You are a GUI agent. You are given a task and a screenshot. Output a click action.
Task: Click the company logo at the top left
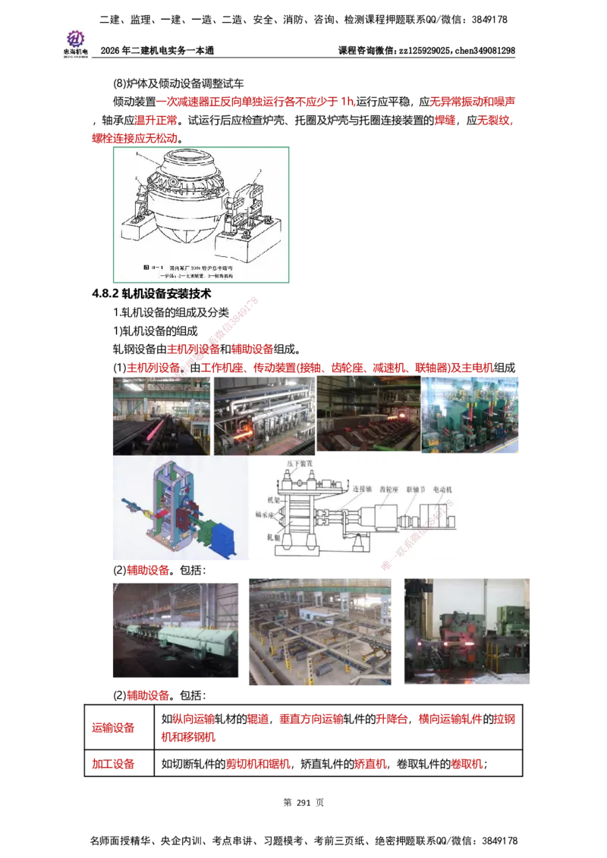75,42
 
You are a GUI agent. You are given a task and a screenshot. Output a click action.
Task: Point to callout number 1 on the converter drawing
139,154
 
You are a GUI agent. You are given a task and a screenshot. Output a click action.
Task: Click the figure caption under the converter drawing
200,271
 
